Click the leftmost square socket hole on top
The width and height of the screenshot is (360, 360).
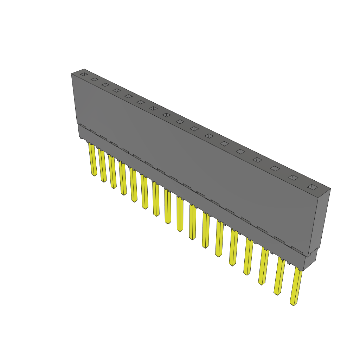click(83, 74)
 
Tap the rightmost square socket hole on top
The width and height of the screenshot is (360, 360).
click(312, 187)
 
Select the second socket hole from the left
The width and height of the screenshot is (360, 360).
click(94, 79)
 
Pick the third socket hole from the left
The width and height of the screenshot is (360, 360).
click(105, 85)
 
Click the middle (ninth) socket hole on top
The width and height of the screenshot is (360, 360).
click(180, 122)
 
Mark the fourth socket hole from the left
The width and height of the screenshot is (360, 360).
click(116, 90)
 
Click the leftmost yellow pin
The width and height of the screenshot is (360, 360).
click(93, 160)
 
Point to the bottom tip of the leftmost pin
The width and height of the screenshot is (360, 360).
click(94, 175)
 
